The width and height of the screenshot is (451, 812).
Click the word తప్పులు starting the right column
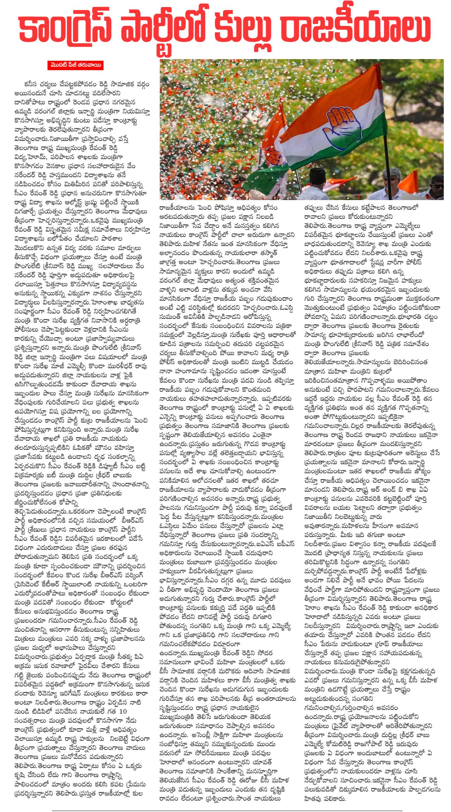[313, 207]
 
